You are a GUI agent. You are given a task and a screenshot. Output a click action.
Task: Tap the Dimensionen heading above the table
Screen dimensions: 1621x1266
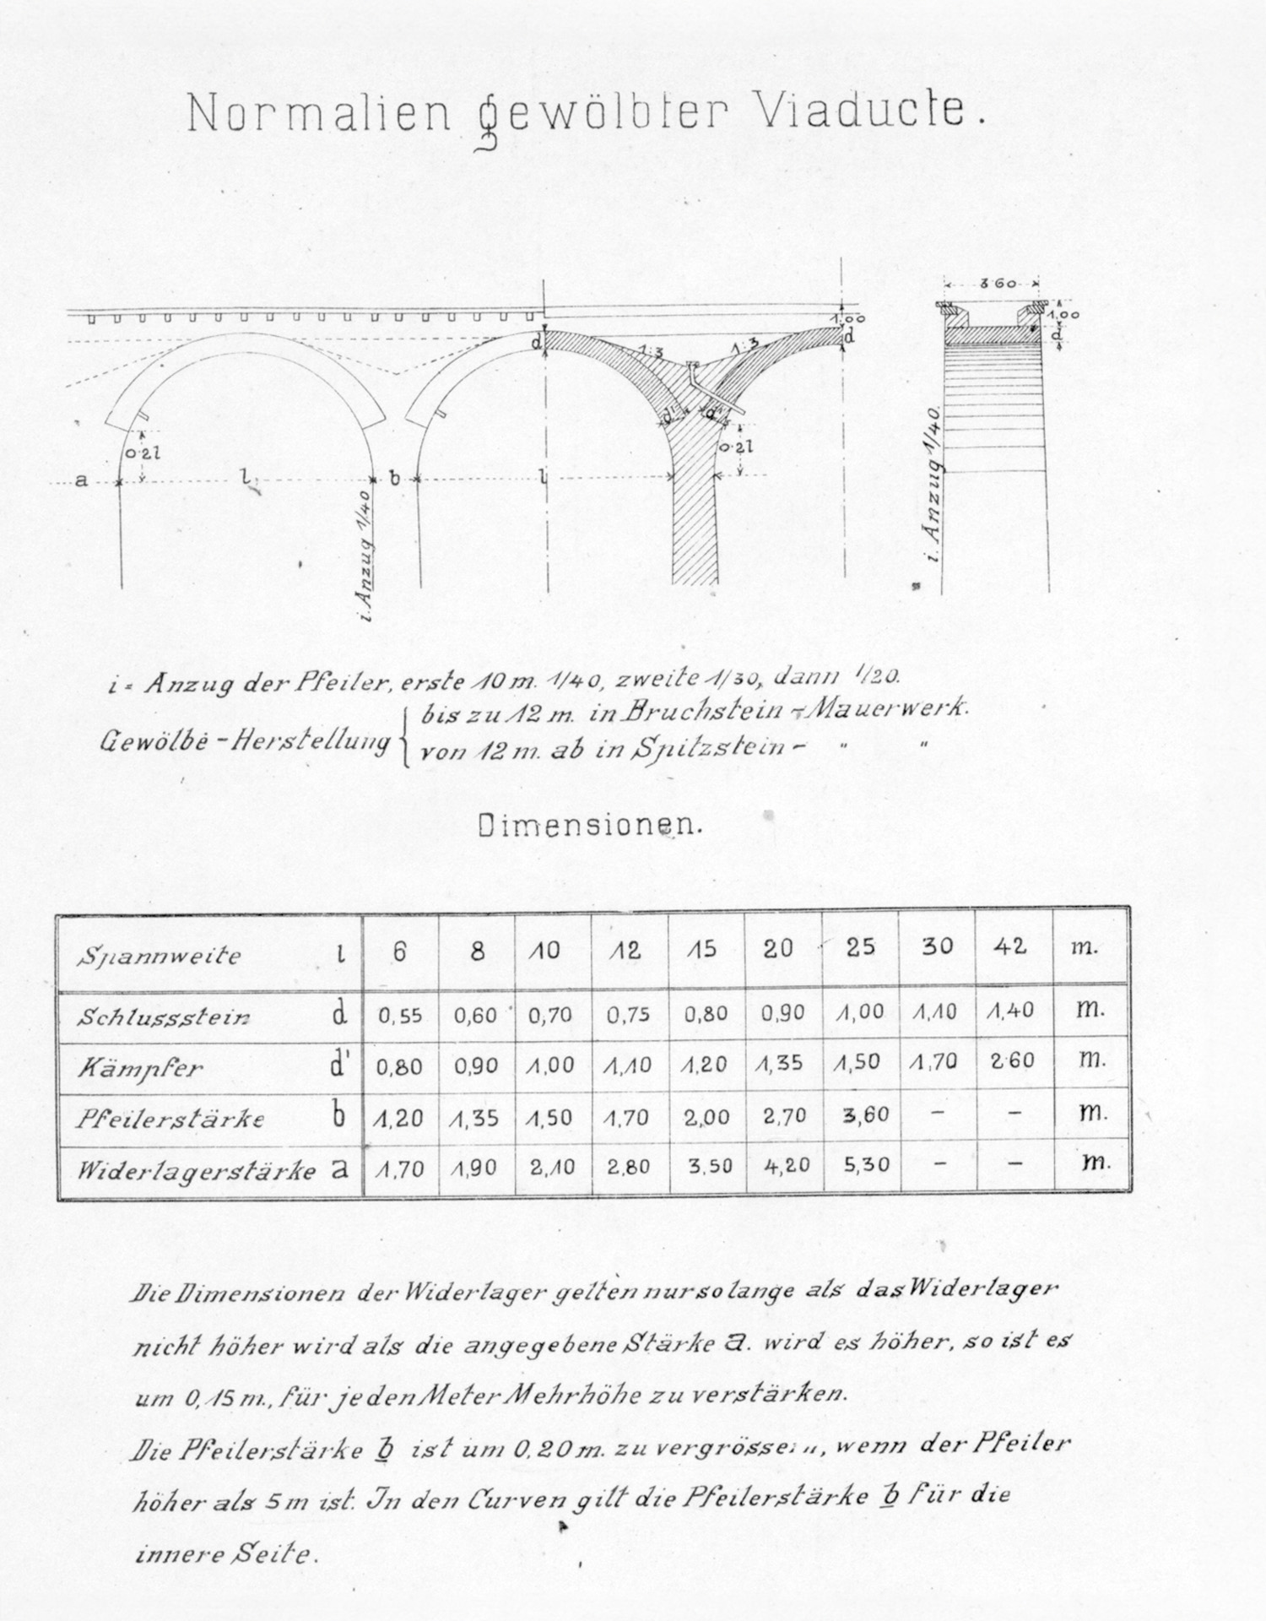click(590, 825)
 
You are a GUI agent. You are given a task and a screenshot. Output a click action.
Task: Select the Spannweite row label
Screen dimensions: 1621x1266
click(160, 957)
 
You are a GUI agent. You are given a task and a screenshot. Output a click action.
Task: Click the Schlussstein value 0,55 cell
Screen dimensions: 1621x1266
click(400, 1016)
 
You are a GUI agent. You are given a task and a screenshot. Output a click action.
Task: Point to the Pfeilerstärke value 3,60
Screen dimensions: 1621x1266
click(866, 1115)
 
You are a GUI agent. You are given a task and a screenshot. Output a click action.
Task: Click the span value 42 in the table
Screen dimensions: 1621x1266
click(1011, 946)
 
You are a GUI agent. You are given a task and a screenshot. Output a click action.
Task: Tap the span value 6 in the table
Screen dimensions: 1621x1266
click(400, 951)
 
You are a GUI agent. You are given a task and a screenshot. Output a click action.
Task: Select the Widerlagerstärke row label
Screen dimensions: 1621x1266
click(197, 1172)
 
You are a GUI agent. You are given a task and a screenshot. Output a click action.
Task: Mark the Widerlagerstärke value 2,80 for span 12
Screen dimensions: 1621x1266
click(627, 1168)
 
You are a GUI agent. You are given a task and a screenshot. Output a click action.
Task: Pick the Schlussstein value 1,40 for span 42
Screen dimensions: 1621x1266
click(1011, 1011)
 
